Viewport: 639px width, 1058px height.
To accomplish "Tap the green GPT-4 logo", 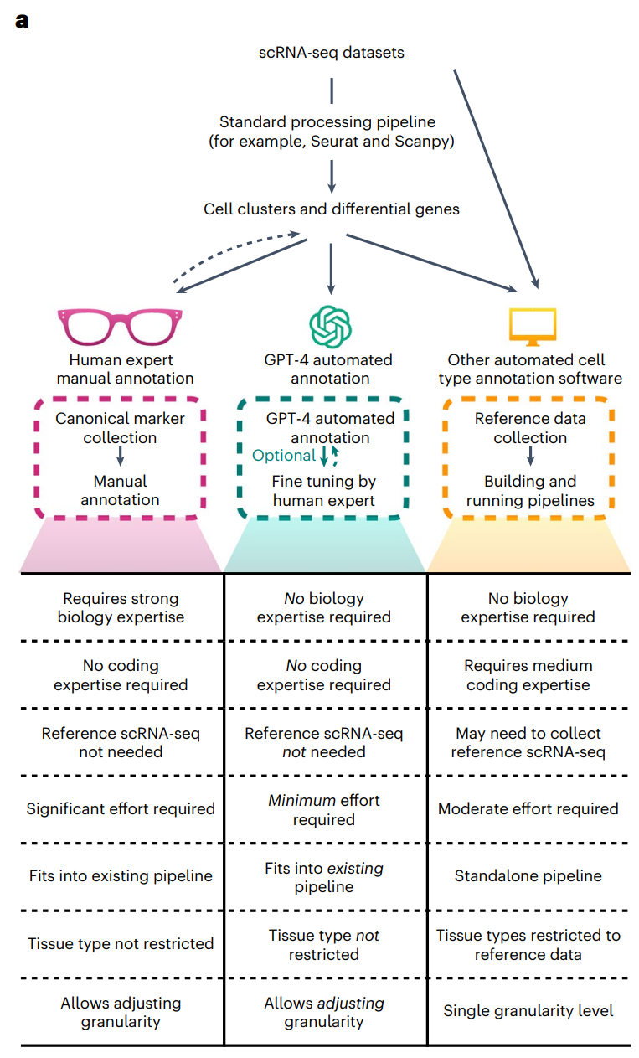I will tap(331, 326).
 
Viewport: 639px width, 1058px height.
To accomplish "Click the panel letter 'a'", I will tap(22, 21).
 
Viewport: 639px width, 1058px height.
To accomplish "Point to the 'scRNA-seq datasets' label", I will tap(332, 53).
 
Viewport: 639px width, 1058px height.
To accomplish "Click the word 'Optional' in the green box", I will tap(284, 456).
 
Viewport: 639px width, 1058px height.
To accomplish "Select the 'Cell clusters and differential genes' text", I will tap(332, 209).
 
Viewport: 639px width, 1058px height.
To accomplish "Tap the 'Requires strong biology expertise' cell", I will tap(121, 608).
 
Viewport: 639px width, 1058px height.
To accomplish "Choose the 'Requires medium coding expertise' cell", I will tap(528, 675).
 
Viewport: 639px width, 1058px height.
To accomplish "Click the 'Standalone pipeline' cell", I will tap(528, 876).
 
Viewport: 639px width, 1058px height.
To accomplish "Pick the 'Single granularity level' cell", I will tap(528, 1010).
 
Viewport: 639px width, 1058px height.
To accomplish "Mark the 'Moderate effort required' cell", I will tap(528, 809).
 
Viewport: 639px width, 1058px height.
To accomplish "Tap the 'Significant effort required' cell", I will tap(121, 809).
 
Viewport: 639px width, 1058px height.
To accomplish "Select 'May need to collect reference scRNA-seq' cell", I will tap(528, 742).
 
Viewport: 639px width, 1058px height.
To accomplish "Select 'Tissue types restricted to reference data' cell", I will tap(528, 944).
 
